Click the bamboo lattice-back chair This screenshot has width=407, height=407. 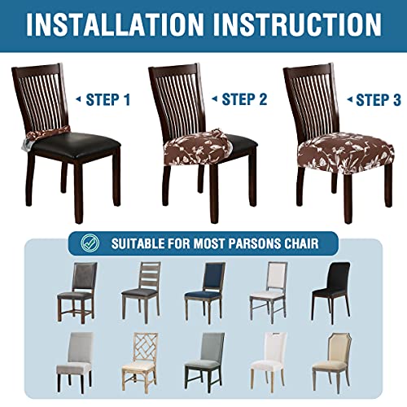coord(142,364)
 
